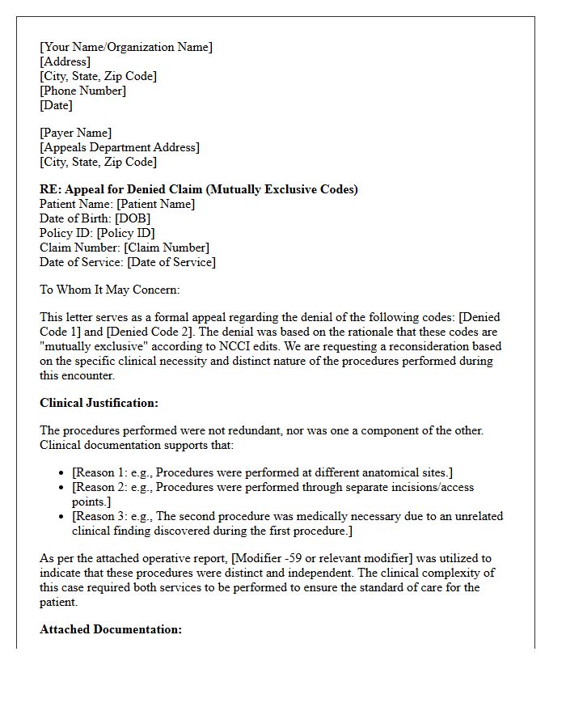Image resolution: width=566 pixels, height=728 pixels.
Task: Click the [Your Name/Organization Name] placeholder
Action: tap(126, 47)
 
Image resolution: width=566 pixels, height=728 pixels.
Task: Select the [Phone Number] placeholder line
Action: tap(83, 91)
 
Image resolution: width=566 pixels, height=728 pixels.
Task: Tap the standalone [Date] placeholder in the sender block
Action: tap(56, 105)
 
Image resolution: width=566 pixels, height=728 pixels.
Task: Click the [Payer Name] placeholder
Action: tap(76, 133)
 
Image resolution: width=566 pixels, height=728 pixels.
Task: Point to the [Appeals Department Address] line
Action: tap(120, 147)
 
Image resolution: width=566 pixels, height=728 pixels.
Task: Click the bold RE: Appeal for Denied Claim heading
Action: tap(199, 189)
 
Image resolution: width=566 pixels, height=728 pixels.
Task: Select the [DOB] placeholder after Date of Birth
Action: tap(133, 218)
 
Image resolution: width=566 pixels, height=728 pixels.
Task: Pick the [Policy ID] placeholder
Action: tap(125, 233)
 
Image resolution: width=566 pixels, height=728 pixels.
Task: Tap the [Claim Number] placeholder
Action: tap(166, 248)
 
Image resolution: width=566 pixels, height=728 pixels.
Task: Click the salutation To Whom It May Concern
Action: tap(110, 290)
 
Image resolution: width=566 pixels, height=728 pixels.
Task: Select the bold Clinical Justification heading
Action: tap(99, 403)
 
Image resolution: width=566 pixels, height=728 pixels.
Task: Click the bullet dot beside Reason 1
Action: tap(63, 473)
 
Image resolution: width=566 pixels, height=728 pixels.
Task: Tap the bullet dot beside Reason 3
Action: tap(63, 517)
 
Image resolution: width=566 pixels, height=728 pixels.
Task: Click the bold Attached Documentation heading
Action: tap(111, 629)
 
